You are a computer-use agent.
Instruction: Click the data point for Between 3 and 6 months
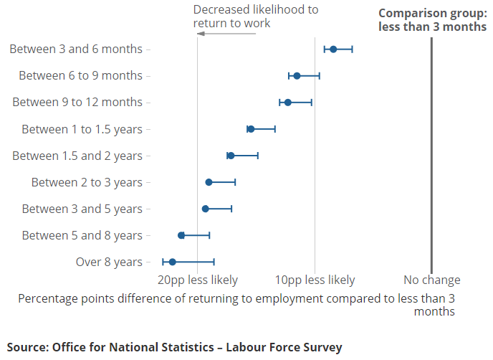[x=333, y=49]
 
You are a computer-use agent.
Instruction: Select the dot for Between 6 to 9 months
[x=297, y=75]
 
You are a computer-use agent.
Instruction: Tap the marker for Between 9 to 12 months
[x=288, y=103]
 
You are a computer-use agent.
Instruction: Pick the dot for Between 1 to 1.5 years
[x=251, y=129]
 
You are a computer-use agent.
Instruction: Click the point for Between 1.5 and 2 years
[x=231, y=156]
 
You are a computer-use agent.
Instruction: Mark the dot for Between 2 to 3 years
[x=209, y=182]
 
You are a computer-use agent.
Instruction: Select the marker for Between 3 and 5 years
[x=206, y=209]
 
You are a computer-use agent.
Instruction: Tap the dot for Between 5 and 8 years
[x=181, y=235]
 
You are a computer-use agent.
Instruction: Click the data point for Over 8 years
[x=172, y=262]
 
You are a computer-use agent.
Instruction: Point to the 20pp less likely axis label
[x=197, y=280]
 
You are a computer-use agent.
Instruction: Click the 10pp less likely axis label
[x=315, y=280]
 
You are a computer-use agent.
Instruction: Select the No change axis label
[x=431, y=280]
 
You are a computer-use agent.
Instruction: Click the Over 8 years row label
[x=109, y=262]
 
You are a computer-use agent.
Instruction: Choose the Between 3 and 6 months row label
[x=76, y=49]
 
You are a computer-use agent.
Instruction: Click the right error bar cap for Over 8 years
[x=214, y=262]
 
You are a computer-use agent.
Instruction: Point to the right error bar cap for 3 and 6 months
[x=352, y=49]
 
